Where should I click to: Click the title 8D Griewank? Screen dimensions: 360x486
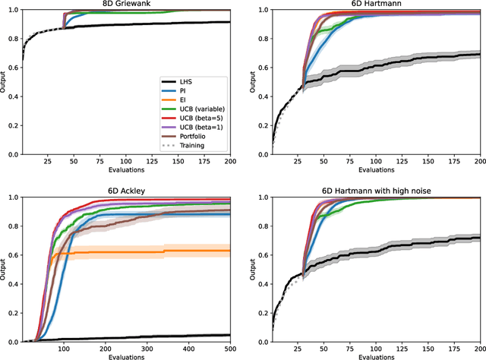[x=125, y=4]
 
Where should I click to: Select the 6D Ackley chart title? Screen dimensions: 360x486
[x=125, y=190]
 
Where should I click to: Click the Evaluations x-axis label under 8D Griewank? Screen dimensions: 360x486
[x=125, y=171]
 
